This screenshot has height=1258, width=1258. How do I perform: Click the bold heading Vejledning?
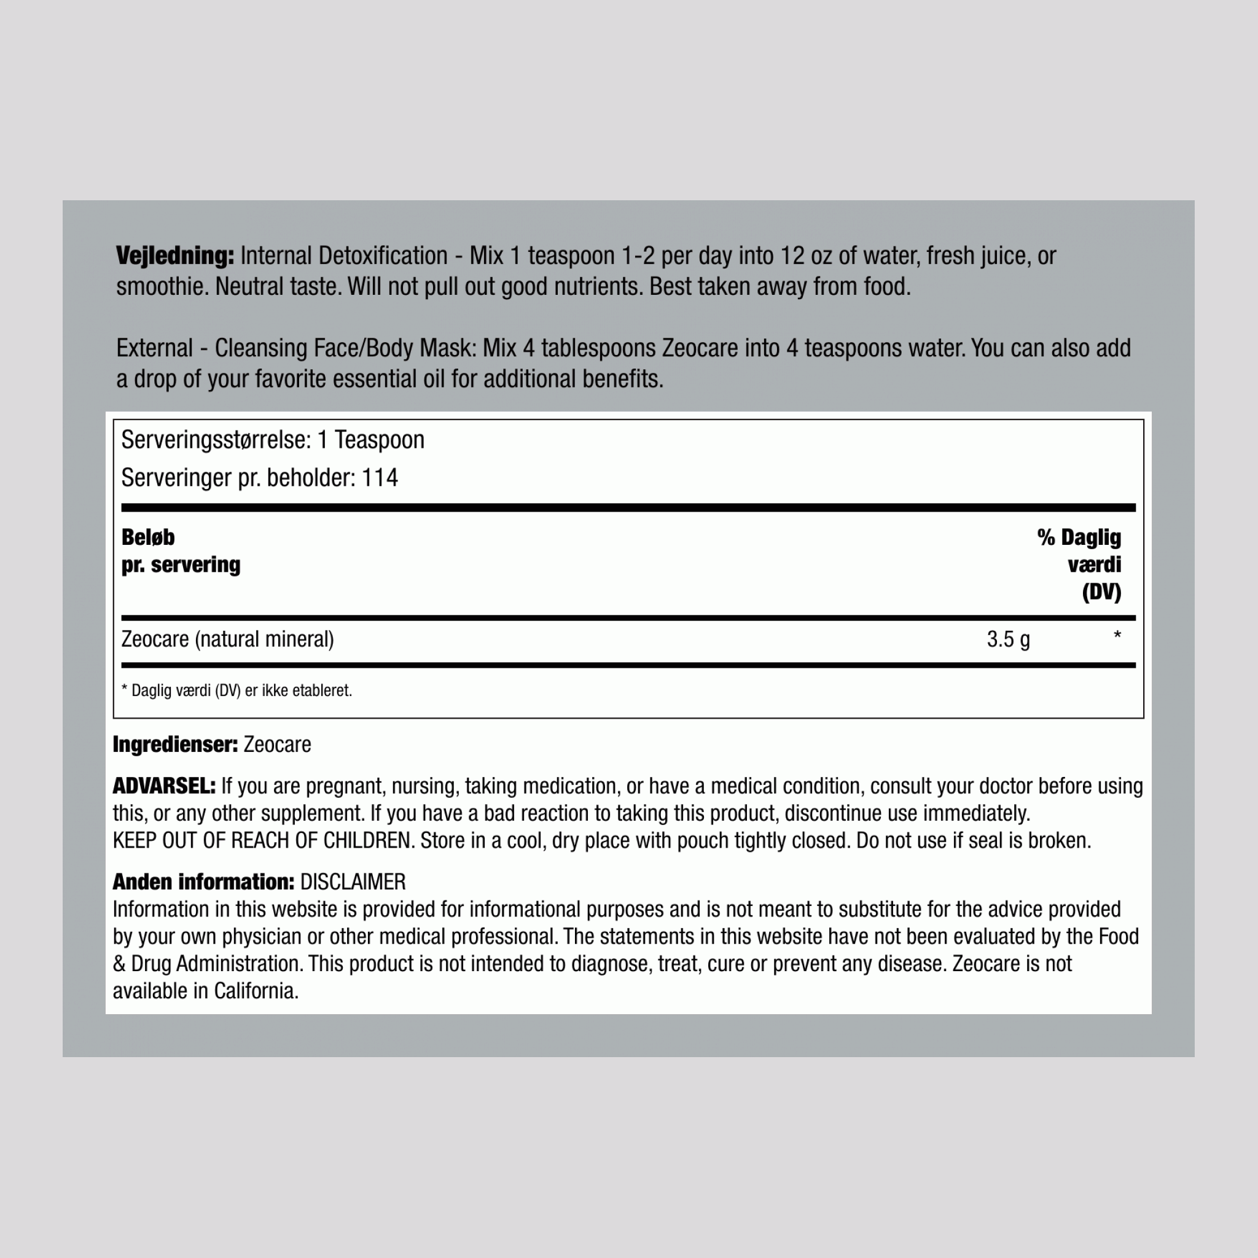[x=174, y=256]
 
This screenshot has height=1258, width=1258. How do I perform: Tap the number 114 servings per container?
[x=380, y=478]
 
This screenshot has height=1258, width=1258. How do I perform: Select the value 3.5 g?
[x=1008, y=639]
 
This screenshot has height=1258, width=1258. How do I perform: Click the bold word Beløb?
[x=148, y=537]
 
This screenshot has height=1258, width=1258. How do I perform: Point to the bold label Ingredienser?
[x=175, y=744]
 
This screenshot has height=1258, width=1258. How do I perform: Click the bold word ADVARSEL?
[x=163, y=786]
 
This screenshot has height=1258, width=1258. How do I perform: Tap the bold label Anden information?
[x=203, y=881]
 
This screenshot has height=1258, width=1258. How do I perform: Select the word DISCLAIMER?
[x=352, y=881]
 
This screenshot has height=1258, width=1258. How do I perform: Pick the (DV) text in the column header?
[x=1101, y=592]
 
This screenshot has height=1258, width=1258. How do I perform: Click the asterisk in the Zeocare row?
[x=1117, y=636]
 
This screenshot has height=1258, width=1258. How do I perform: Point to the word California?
[x=256, y=990]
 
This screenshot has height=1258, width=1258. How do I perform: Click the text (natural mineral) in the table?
[x=264, y=639]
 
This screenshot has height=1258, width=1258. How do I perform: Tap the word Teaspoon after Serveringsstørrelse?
[x=379, y=440]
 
